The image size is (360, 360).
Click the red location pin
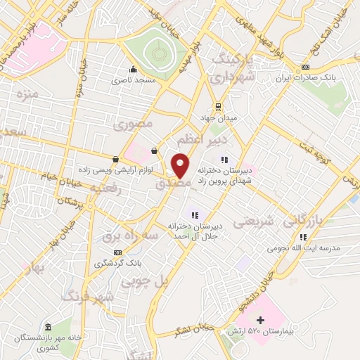click(x=181, y=165)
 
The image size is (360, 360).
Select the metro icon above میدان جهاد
click(x=219, y=106)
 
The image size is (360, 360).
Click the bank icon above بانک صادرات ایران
click(x=304, y=67)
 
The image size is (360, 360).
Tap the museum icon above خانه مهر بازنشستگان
click(x=48, y=328)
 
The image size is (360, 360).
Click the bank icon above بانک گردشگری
click(x=117, y=252)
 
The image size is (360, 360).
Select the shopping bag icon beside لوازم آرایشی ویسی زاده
click(x=115, y=159)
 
